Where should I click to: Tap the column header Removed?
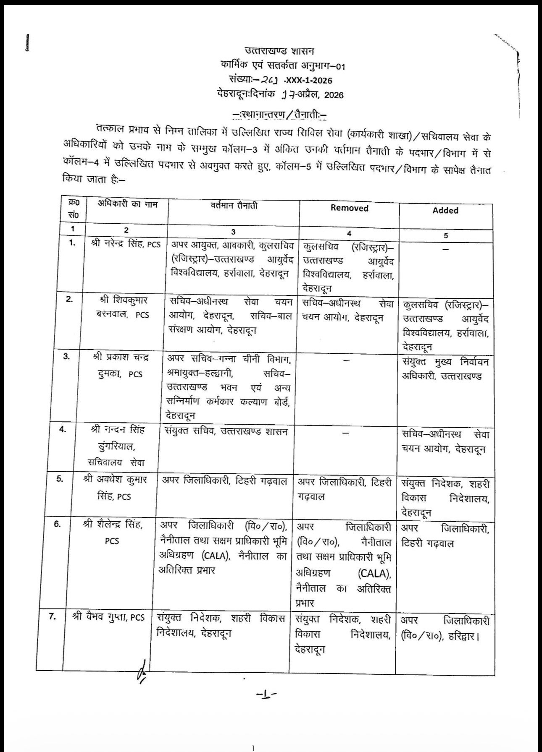click(349, 208)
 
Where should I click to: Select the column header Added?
click(445, 211)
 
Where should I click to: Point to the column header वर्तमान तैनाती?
click(234, 206)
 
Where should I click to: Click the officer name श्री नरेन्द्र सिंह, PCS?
click(126, 244)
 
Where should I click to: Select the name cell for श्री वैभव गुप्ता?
click(108, 617)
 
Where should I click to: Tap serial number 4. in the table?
click(62, 430)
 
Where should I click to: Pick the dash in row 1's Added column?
click(446, 249)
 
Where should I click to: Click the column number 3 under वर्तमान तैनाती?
click(233, 232)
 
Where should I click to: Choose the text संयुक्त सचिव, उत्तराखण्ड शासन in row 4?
click(226, 431)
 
